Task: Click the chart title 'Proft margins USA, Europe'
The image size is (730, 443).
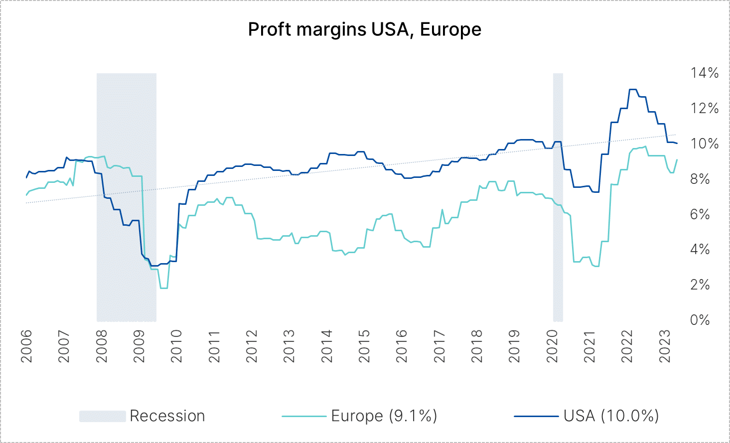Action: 364,30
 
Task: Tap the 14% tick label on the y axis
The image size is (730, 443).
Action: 704,73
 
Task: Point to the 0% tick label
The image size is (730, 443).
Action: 700,320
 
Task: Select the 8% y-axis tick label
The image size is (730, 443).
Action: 700,179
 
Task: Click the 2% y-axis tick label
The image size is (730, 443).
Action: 700,285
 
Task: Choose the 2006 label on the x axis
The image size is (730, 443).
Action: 26,345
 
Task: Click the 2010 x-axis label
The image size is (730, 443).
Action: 176,345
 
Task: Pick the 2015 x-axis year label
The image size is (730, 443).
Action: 364,345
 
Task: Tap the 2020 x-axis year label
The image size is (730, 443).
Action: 552,345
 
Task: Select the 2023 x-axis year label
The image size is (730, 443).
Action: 665,345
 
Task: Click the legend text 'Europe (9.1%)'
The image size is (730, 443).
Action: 384,416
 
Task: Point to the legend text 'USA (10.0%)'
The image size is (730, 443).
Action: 611,416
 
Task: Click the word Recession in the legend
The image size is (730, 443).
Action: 167,416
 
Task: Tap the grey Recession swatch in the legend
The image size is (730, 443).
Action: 102,416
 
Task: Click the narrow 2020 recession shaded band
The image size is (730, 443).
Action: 558,199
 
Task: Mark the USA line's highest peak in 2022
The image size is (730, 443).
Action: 633,90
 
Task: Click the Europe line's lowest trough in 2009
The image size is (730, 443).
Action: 163,288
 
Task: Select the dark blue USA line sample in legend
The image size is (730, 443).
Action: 536,416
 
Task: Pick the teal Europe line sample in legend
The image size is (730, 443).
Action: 303,416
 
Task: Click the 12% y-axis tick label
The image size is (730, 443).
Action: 704,109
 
